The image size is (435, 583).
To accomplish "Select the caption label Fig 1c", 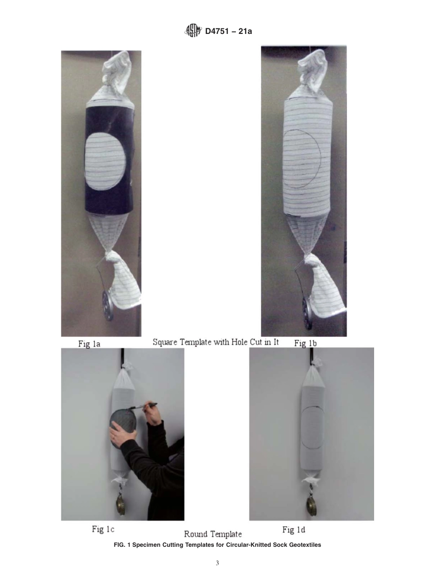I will point(103,529).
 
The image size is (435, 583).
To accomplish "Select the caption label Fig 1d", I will point(294,530).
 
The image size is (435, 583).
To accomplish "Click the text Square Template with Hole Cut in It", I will point(215,342).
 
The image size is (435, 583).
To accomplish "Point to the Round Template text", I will point(213,534).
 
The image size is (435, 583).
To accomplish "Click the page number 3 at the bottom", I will point(217,563).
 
